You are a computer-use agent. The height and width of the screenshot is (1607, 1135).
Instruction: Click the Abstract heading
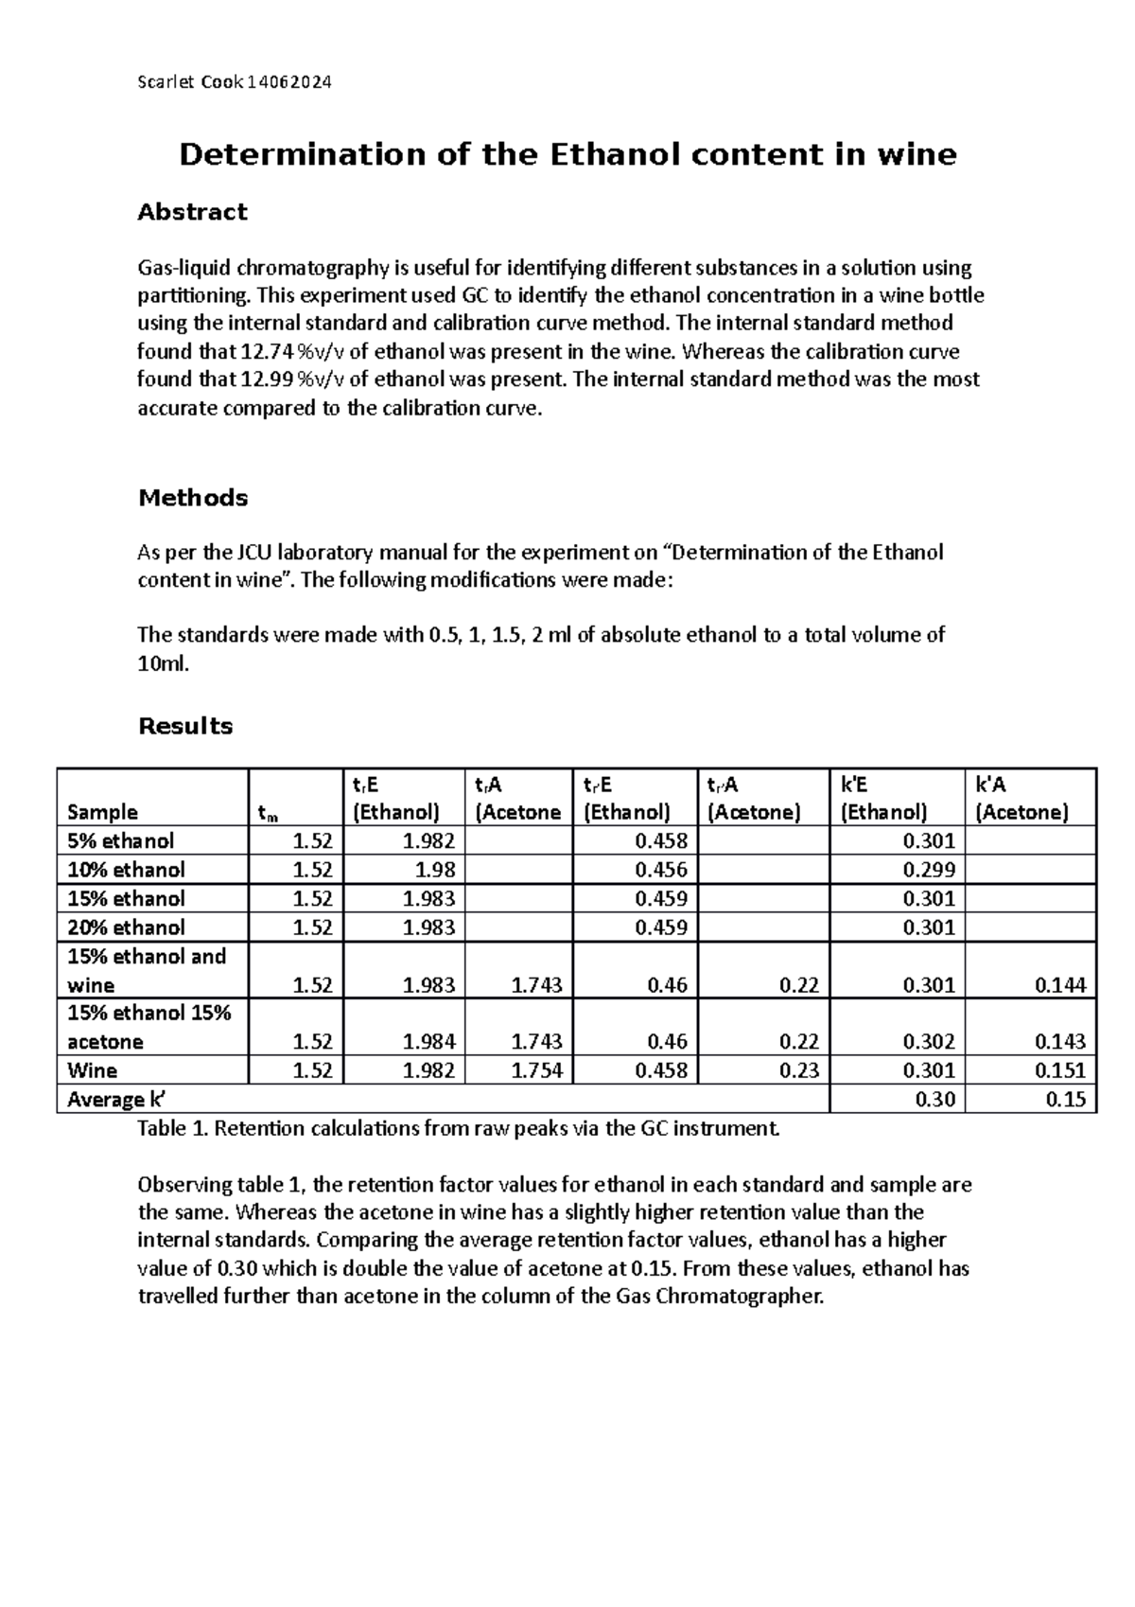point(192,212)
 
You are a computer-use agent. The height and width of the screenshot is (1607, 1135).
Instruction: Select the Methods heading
point(193,498)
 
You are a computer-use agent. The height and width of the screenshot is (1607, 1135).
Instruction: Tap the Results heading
point(185,726)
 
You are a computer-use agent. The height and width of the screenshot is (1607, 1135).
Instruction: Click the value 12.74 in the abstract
point(266,352)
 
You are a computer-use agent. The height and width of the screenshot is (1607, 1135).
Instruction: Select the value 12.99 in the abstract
point(266,380)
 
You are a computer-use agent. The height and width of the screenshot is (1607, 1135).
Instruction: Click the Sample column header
point(102,812)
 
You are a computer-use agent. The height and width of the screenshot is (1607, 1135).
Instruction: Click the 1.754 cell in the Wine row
point(536,1070)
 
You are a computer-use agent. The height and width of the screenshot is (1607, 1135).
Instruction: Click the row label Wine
point(93,1070)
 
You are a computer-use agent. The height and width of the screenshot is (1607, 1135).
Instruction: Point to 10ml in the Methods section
point(163,663)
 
